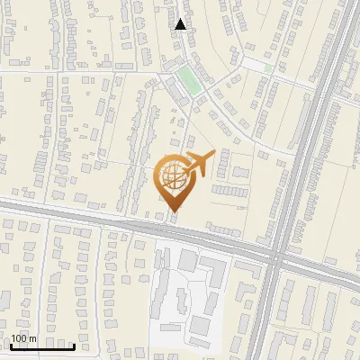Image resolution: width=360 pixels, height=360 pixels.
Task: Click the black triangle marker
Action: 181,24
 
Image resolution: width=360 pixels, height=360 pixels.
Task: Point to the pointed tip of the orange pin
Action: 175,211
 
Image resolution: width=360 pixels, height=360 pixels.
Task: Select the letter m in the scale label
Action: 32,338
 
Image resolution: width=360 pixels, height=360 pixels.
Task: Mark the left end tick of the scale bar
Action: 11,344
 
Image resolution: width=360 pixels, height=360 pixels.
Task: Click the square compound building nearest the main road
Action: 187,260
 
